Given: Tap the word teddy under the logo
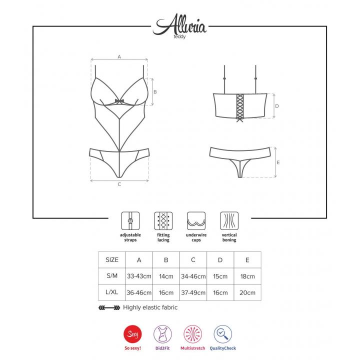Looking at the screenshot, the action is coord(179,36).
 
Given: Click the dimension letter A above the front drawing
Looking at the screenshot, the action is coord(119,56).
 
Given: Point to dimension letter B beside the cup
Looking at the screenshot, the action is coord(155,92).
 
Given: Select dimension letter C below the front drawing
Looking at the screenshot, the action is coord(119,184).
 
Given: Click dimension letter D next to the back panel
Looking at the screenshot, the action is coord(277,106).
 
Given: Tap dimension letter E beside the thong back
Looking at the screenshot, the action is coord(278,162).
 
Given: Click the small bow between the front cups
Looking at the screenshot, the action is coord(119,101).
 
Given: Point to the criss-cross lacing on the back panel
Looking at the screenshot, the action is coord(239,106).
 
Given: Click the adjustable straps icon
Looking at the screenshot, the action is coord(130,221).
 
